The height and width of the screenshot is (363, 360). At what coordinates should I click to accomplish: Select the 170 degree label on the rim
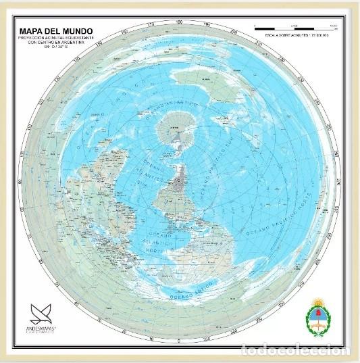click(x=152, y=25)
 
